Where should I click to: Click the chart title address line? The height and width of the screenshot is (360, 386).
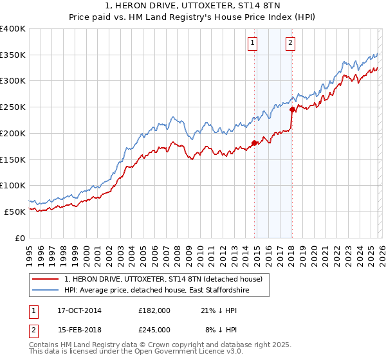tap(193, 6)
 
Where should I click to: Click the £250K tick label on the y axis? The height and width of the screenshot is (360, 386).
tap(13, 107)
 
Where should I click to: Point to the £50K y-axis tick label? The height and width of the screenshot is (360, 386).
tap(15, 212)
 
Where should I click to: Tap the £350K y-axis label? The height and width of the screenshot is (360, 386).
tap(13, 55)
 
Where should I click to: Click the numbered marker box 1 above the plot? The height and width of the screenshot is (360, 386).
tap(252, 43)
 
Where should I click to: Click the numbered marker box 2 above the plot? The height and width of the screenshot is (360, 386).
tap(290, 43)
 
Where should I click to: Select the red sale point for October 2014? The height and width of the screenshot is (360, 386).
tap(254, 143)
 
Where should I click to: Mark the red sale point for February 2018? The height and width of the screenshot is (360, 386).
tap(292, 110)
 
